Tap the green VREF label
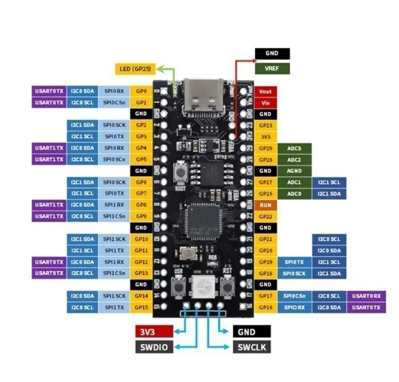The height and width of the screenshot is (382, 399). pos(272,68)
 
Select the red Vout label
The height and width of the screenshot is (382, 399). pos(265,92)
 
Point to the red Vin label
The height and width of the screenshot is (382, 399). pos(265,103)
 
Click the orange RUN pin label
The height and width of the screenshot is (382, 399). pos(265,205)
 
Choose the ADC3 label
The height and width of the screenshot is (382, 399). pos(294,148)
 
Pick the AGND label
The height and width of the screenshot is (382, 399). pos(294,171)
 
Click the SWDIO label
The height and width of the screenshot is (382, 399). pos(154,346)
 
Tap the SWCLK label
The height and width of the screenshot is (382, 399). pos(251,346)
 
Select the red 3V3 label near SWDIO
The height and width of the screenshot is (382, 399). pos(154,332)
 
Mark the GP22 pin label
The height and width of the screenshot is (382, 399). pos(265,216)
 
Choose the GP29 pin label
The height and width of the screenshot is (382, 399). pos(265,148)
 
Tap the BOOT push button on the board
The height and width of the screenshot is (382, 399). pos(182,171)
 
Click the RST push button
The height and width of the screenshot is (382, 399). pos(227,286)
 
